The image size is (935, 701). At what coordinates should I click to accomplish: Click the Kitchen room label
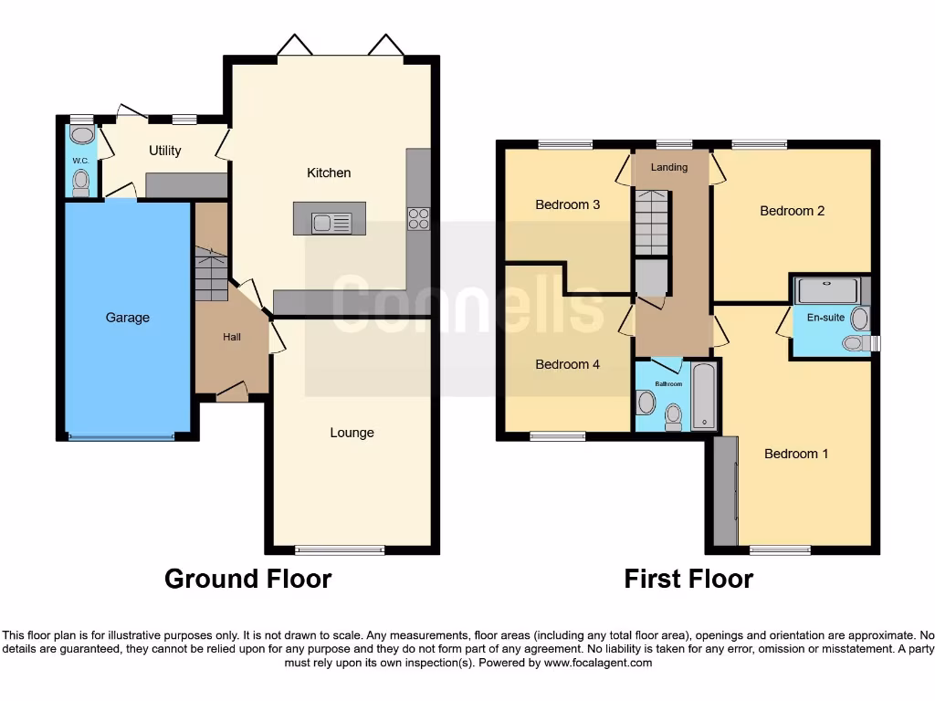click(329, 173)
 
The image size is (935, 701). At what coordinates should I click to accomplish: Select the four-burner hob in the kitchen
click(418, 219)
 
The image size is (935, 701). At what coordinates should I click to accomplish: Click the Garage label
click(127, 318)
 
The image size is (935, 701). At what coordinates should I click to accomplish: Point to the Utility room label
click(165, 151)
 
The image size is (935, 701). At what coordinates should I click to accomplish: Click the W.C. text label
click(80, 162)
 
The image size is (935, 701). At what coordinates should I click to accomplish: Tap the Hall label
click(232, 337)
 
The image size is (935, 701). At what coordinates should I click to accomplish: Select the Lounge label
click(352, 433)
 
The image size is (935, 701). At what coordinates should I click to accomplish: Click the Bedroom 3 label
click(567, 204)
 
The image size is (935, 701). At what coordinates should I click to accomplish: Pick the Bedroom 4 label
click(567, 364)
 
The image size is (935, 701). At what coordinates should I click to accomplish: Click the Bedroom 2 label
click(792, 211)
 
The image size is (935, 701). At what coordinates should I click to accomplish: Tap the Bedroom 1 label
click(796, 454)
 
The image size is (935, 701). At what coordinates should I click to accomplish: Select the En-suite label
click(825, 318)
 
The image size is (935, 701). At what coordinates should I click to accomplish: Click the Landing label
click(668, 167)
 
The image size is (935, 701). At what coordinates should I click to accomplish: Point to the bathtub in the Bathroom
click(703, 397)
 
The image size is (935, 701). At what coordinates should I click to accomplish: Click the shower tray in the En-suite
click(827, 291)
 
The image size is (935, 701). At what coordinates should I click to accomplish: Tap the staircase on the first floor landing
click(651, 222)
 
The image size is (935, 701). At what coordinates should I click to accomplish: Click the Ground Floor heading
click(247, 579)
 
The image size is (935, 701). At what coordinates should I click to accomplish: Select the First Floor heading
click(688, 579)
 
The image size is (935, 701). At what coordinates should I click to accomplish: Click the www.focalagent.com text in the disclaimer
click(598, 663)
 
